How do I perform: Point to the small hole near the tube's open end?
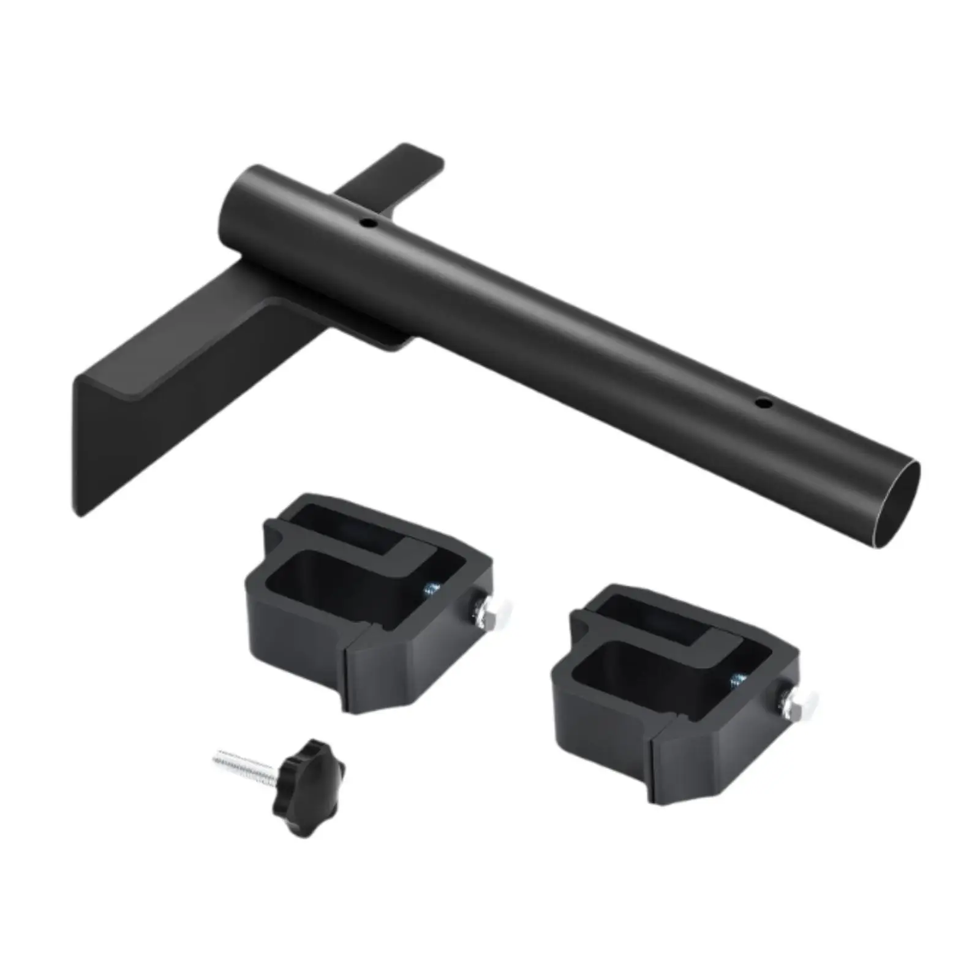(x=763, y=404)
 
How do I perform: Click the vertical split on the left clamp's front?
(x=347, y=674)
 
